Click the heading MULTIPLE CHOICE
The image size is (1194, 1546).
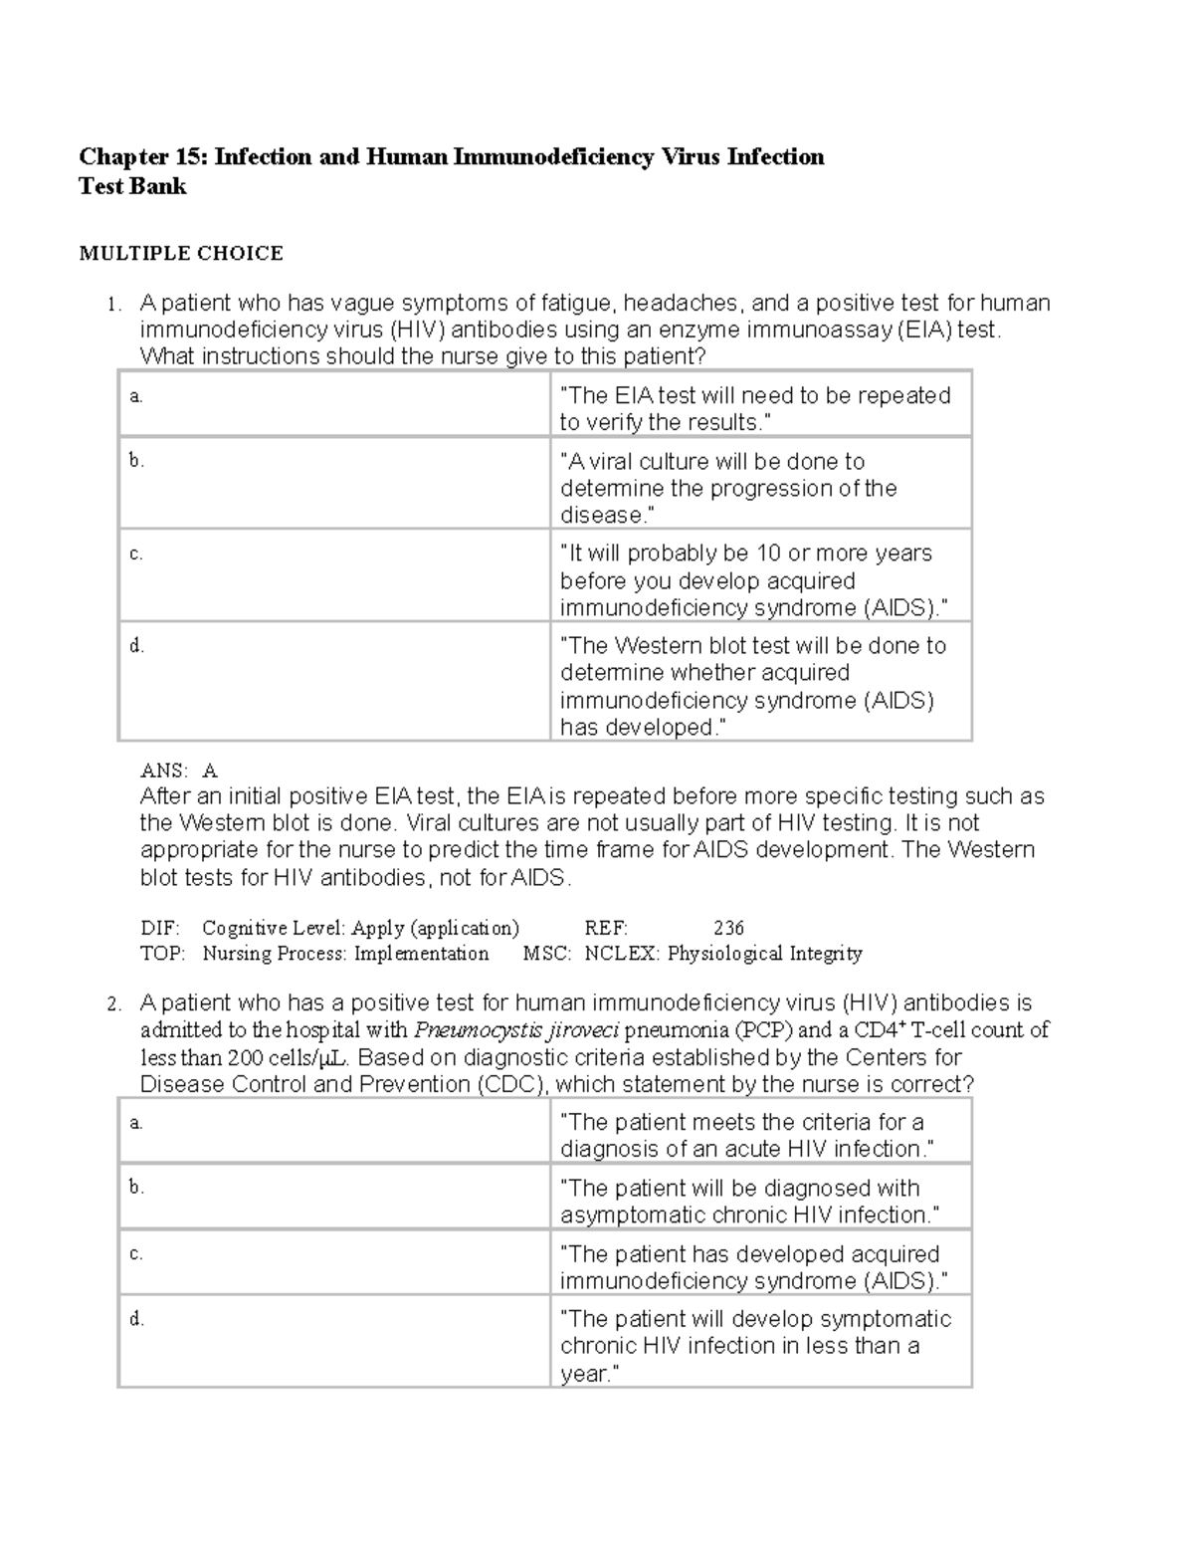(181, 254)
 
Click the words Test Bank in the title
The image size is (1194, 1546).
(132, 186)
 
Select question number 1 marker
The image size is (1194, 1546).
(114, 305)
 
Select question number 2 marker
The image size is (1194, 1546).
(114, 1004)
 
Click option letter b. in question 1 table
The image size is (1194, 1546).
(136, 460)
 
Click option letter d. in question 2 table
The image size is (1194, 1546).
(136, 1319)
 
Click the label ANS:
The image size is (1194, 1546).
(163, 771)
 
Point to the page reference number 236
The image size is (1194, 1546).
(728, 928)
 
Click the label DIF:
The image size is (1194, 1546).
(160, 928)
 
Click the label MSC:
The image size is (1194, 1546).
(546, 954)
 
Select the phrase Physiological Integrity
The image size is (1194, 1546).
(764, 954)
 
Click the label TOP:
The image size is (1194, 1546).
(162, 954)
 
